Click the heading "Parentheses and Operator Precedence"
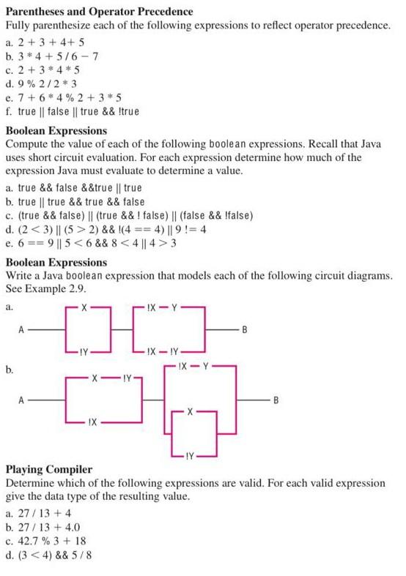tap(100, 11)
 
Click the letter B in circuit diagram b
tap(276, 400)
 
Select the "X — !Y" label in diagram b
tap(113, 378)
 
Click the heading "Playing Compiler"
tap(49, 468)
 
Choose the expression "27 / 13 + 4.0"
tap(53, 526)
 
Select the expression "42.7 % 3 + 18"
tap(56, 540)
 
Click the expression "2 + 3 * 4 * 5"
tap(50, 70)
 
